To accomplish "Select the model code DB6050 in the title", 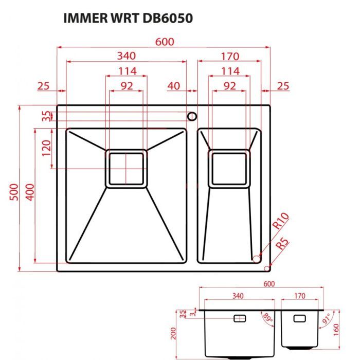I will (x=168, y=19).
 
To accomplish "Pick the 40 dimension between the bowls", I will (x=174, y=86).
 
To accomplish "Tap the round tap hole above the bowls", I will (x=192, y=115).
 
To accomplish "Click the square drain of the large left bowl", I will (x=126, y=169).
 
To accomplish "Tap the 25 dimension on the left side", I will (x=44, y=86).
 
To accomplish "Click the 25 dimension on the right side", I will (x=283, y=86).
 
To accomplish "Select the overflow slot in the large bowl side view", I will (x=240, y=318).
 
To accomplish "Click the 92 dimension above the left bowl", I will (x=127, y=86).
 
